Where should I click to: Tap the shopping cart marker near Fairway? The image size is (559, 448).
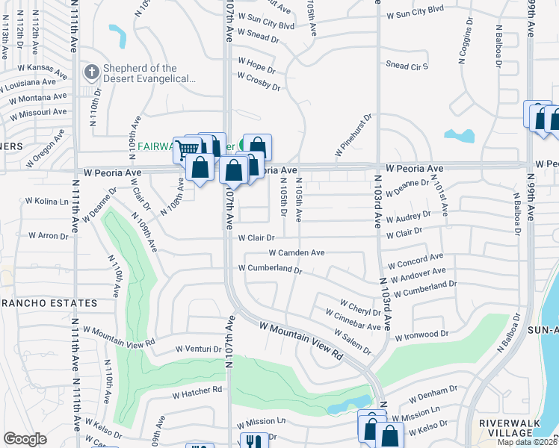pos(187,150)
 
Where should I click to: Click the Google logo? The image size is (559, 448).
pos(25,439)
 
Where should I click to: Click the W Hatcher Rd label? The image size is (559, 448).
pos(197,391)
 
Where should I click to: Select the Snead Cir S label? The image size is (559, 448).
pos(407,66)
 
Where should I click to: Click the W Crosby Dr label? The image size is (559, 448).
pos(259,81)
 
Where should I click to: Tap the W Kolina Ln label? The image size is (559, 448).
pos(47,202)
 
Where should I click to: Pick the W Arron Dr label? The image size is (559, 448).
pos(48,235)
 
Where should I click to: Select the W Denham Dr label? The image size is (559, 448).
pos(433,392)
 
